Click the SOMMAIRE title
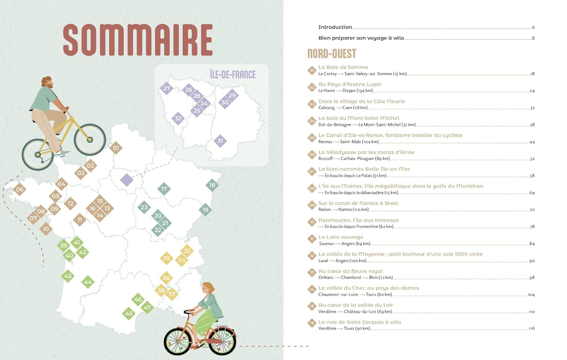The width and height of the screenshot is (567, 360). coord(138,40)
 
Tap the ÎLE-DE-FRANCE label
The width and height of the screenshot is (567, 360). coord(232,74)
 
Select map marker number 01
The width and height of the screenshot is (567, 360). coord(116,148)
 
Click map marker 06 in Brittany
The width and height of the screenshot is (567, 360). coord(20,190)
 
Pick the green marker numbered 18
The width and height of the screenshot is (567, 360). coord(212,185)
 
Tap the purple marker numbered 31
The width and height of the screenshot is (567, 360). coord(220,141)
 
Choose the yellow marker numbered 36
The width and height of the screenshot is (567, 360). coord(166,278)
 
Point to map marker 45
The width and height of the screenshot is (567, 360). coord(129,314)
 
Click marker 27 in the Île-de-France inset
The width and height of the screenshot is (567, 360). coord(166,89)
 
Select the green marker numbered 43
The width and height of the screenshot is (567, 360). coord(68,276)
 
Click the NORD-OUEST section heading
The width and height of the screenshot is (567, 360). coord(332,54)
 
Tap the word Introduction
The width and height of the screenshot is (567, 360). coord(335,27)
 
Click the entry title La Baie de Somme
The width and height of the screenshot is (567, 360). coord(343,67)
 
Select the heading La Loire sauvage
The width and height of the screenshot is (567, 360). coord(341,237)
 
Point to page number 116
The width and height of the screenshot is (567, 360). coord(531,329)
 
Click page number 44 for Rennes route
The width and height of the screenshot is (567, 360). coord(532,142)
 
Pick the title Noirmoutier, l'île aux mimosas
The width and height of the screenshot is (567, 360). coord(358,220)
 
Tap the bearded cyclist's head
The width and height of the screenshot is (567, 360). coord(47,82)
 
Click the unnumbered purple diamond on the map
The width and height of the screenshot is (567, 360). coord(127,180)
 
